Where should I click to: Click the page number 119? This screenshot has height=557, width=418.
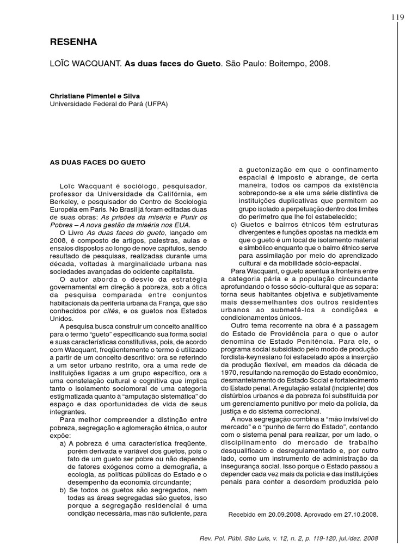click(x=398, y=17)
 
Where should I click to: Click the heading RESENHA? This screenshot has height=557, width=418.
click(x=73, y=42)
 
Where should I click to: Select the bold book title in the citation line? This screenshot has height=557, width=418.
click(x=173, y=64)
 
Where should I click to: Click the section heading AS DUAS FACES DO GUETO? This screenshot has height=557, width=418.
click(x=97, y=162)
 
